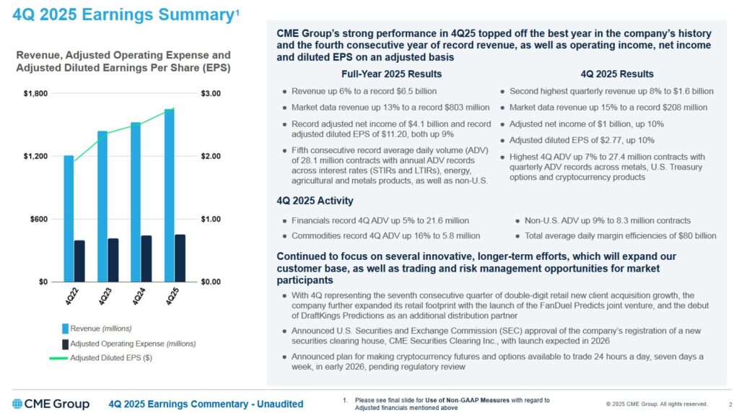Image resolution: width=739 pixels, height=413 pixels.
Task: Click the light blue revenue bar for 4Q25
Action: click(x=169, y=195)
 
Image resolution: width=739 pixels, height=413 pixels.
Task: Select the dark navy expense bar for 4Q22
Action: click(x=79, y=261)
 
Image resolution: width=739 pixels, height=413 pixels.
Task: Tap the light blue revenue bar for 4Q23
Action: click(x=102, y=206)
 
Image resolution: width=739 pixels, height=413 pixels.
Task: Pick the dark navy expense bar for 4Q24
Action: click(x=147, y=258)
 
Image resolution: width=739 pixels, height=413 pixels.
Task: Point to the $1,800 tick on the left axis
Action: click(x=36, y=94)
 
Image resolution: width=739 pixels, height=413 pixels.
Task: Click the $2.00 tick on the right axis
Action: click(x=211, y=157)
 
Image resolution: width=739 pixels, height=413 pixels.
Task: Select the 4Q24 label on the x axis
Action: click(x=139, y=296)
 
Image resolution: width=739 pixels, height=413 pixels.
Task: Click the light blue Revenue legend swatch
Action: click(x=64, y=329)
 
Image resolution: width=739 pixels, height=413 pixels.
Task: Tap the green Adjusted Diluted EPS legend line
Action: click(x=58, y=357)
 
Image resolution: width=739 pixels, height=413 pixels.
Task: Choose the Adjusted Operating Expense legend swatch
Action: click(x=64, y=343)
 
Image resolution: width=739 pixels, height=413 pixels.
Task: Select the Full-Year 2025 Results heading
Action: click(x=391, y=74)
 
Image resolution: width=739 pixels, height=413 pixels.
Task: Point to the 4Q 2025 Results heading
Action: click(x=617, y=74)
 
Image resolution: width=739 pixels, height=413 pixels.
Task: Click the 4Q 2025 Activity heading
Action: click(x=315, y=201)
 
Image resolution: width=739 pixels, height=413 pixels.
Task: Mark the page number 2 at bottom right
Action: click(x=730, y=404)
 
